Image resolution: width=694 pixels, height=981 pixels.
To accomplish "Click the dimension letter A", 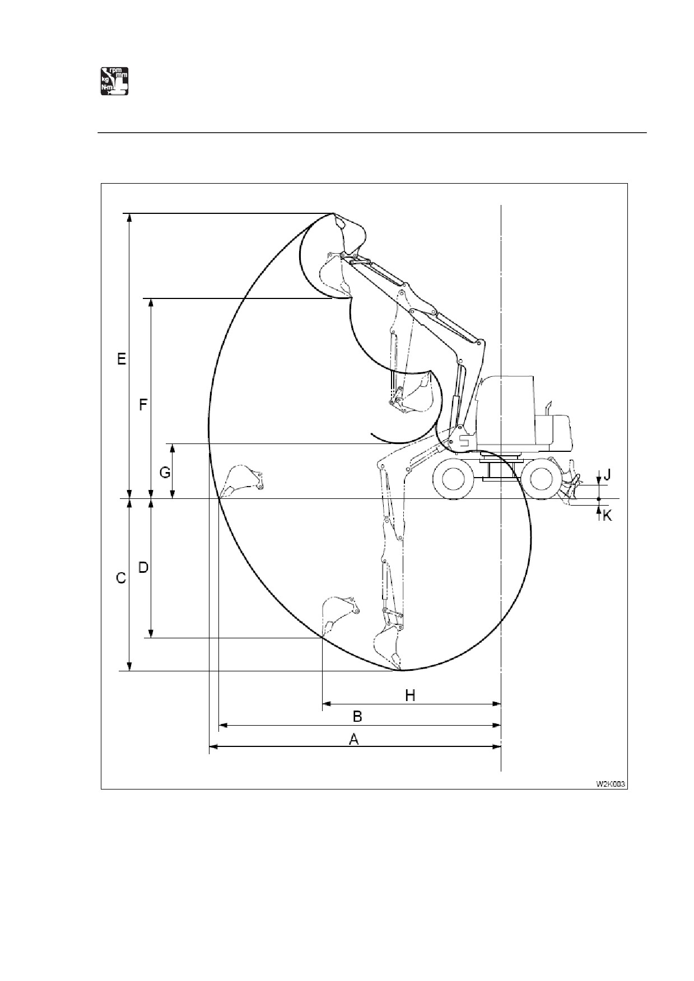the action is point(353,740).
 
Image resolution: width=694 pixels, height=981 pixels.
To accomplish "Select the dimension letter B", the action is point(357,716).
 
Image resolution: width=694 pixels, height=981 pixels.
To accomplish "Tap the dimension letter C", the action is point(121,578).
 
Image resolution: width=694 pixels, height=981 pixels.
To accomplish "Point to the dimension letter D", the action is point(143,568).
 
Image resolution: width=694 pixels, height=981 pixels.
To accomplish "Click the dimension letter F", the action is point(143,404).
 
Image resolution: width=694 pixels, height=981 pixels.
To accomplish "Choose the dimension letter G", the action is point(165,473).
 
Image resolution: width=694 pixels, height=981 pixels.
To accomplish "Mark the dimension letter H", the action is point(410,695).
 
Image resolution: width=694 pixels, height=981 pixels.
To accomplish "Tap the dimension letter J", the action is point(607,475).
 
